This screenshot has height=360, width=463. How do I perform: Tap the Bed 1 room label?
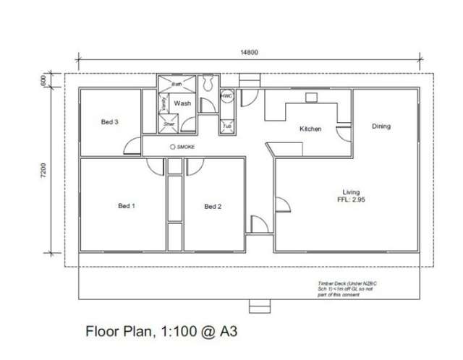[127, 206]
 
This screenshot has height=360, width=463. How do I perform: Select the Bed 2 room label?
[213, 206]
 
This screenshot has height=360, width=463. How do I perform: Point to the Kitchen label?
[311, 129]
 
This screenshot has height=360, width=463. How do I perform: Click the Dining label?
[381, 127]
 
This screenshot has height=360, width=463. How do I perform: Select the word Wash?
[182, 104]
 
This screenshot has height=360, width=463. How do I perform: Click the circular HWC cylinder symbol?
[226, 95]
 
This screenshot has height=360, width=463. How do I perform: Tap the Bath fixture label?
[177, 84]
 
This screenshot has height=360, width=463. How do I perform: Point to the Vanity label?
[164, 104]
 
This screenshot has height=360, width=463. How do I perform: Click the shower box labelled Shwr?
[169, 124]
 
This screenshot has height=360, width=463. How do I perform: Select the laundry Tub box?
[226, 126]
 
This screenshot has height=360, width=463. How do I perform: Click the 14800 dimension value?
[249, 52]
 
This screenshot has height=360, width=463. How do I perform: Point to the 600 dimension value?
[43, 80]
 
